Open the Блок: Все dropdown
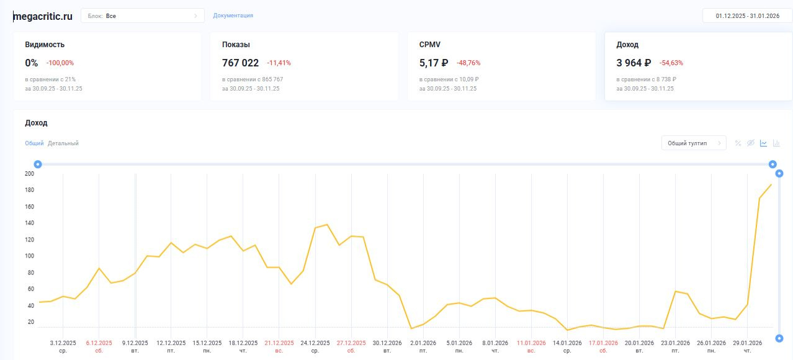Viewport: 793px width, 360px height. [142, 16]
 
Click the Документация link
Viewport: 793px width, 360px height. [233, 16]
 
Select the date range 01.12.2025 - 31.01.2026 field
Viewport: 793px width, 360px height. [747, 16]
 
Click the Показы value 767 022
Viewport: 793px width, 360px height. [240, 63]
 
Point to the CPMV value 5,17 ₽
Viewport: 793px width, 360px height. [433, 63]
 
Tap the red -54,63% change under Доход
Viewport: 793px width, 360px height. [671, 63]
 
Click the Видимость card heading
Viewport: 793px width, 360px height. [45, 45]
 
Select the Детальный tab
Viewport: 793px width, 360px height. [63, 143]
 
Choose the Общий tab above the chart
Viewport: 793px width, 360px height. [34, 143]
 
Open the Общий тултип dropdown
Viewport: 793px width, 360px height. [693, 143]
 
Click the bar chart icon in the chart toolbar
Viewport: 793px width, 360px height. [776, 143]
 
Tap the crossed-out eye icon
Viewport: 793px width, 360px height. [751, 143]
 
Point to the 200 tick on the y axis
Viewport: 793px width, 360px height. [29, 174]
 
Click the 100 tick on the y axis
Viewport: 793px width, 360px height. [29, 256]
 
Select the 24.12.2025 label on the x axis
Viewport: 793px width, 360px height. [315, 343]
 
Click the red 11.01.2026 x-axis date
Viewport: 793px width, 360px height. [531, 343]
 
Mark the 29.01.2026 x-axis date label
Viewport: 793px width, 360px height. [747, 343]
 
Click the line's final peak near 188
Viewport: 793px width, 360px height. [771, 184]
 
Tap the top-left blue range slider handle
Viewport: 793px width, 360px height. [38, 164]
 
